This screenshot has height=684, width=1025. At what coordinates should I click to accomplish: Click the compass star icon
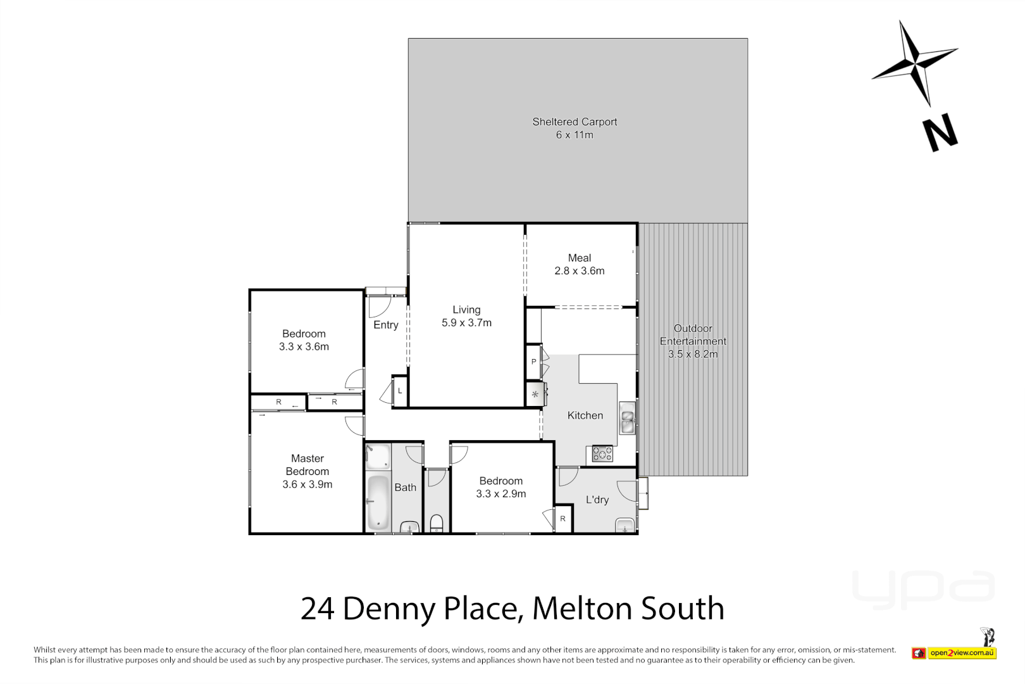pos(915,62)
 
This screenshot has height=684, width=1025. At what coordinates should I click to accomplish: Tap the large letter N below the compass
pos(940,133)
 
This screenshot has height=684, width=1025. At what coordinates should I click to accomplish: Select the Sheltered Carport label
pos(575,122)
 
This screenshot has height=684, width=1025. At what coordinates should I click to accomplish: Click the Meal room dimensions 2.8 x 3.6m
pos(580,271)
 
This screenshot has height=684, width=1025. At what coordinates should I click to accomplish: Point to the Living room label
pos(466,310)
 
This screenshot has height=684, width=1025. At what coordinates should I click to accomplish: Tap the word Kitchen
pos(585,415)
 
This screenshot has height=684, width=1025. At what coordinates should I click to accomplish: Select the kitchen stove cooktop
pos(602,453)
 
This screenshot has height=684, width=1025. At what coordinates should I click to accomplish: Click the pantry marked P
pos(533,362)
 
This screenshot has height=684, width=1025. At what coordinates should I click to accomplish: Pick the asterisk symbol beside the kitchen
pos(535,395)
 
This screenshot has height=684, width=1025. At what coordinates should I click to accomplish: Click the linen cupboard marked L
pos(400,391)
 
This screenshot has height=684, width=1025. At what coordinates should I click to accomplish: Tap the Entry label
pos(386,325)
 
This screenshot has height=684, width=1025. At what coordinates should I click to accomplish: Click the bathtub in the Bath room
pos(378,502)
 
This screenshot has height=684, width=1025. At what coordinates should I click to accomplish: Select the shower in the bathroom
pos(378,457)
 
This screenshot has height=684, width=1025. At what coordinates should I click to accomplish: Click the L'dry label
pos(597,500)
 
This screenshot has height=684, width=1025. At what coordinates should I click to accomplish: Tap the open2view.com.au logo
pos(962,653)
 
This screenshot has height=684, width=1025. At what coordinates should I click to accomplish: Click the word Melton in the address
pos(582,609)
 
